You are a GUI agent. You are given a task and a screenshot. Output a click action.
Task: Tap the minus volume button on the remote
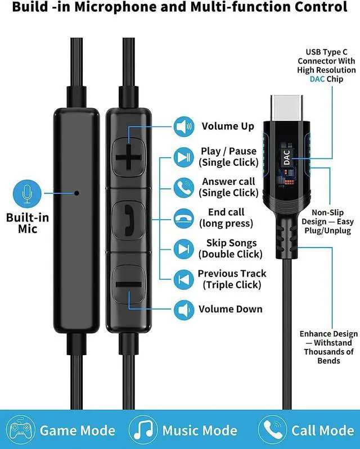pos(129,284)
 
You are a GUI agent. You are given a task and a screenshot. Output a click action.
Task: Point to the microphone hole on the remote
pos(77,192)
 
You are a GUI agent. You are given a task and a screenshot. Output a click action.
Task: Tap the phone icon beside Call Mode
pos(272,431)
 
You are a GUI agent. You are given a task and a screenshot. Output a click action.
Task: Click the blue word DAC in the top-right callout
pos(318,79)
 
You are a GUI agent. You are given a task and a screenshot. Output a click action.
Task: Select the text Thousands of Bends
pos(329,356)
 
